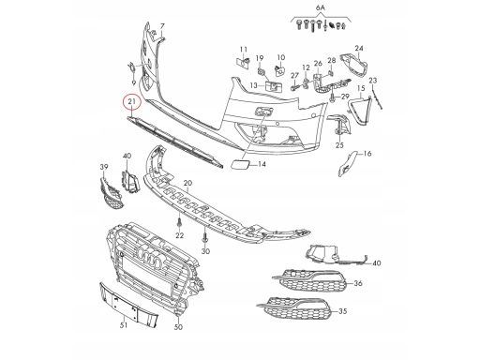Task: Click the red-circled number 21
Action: [132, 101]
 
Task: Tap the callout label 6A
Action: [321, 8]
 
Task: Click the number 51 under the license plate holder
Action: [124, 325]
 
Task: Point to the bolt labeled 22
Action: [179, 224]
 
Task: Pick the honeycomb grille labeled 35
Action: [294, 307]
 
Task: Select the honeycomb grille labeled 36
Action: [309, 280]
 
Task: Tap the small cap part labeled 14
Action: [240, 163]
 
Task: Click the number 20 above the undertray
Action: [188, 183]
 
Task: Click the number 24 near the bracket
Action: [359, 48]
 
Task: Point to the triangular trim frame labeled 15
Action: [359, 110]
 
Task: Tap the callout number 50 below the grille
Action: [178, 327]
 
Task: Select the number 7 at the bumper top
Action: [162, 26]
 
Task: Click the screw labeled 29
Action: [332, 99]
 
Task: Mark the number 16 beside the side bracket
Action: [367, 154]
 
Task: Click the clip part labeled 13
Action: [274, 86]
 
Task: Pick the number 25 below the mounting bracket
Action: [339, 145]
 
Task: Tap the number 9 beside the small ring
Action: [133, 82]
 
